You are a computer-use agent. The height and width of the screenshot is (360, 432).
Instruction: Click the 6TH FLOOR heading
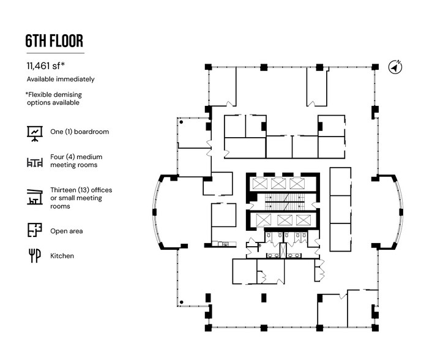tap(54, 42)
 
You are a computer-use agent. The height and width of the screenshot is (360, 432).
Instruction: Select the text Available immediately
tap(61, 80)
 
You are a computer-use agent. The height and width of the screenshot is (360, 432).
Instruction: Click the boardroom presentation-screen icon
tap(34, 132)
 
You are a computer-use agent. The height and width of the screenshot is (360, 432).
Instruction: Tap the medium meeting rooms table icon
tap(34, 162)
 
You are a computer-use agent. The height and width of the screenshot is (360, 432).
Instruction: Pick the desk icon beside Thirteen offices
tap(34, 197)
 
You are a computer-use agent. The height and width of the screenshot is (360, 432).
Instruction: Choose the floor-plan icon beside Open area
tap(34, 230)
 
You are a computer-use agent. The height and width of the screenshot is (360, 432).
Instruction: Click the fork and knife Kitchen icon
tap(34, 255)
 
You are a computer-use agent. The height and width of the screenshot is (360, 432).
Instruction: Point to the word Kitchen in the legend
tap(62, 255)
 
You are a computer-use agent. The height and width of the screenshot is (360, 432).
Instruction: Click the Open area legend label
tap(66, 231)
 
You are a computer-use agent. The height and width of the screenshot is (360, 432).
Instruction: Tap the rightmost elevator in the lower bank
tap(302, 220)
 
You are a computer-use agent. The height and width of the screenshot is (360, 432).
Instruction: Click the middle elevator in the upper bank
tap(278, 184)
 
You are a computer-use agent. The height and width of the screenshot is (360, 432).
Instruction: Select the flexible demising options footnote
tap(54, 99)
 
